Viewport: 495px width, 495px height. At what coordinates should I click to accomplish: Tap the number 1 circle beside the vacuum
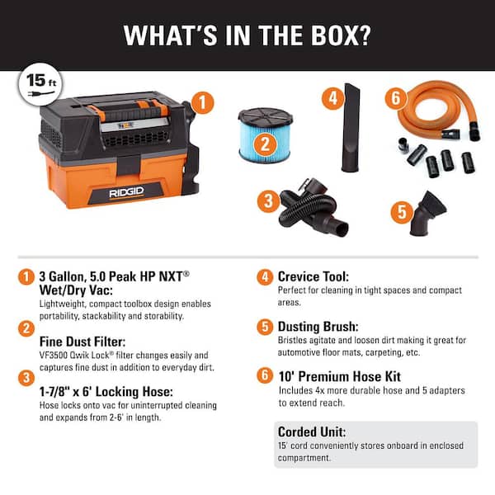point(203,103)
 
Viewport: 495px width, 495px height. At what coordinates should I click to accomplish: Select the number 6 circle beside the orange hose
point(396,98)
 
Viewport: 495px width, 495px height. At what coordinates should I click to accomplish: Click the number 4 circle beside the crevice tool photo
point(332,98)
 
